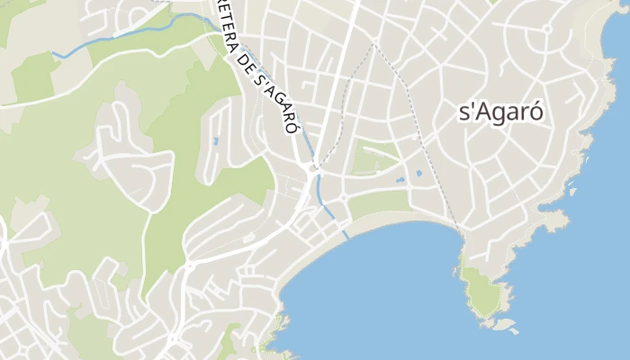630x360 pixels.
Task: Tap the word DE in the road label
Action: click(x=245, y=64)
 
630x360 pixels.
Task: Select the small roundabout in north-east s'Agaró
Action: click(x=545, y=29)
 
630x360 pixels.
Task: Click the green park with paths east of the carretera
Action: click(x=374, y=157)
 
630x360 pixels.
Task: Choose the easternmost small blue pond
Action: click(x=418, y=174)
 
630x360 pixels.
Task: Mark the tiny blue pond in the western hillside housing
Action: click(x=214, y=141)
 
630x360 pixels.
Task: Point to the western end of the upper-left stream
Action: click(x=54, y=54)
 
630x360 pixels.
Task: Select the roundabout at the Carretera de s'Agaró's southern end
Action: click(x=313, y=168)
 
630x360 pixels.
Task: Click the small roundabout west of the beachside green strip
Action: click(x=342, y=198)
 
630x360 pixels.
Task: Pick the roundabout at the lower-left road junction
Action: click(x=189, y=266)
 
